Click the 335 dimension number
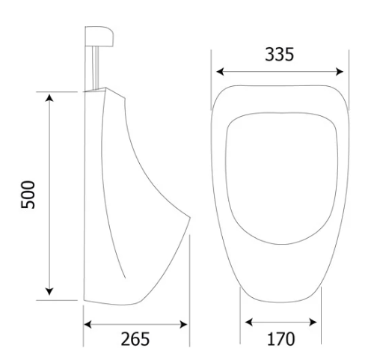click(279, 54)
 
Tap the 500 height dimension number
click(28, 195)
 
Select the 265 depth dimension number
click(135, 339)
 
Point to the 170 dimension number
click(280, 339)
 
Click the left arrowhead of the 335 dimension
click(220, 72)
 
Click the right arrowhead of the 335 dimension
click(340, 72)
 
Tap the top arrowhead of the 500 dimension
click(49, 98)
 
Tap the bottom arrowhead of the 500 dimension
click(49, 291)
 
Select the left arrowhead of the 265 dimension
click(88, 324)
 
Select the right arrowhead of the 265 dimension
click(183, 324)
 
